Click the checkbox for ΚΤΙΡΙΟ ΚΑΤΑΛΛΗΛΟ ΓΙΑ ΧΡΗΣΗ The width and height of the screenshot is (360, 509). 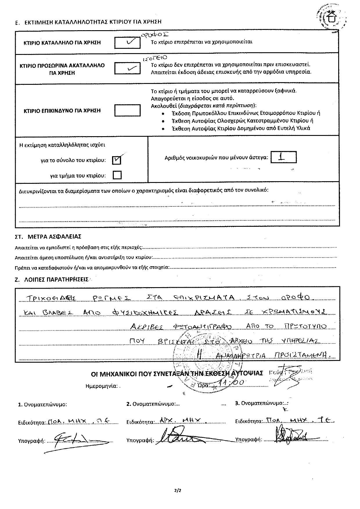point(127,42)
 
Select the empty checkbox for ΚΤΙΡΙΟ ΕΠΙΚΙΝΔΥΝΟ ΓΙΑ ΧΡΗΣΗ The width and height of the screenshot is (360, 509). point(127,110)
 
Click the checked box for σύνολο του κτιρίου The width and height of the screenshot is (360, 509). point(117,160)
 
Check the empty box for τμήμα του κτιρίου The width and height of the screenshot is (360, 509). point(117,175)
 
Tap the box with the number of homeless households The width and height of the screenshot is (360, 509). point(283,157)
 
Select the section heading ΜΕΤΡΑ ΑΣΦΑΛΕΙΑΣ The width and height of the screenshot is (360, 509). point(54,237)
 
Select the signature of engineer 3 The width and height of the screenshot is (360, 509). point(290,435)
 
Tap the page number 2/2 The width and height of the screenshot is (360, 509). point(177,491)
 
